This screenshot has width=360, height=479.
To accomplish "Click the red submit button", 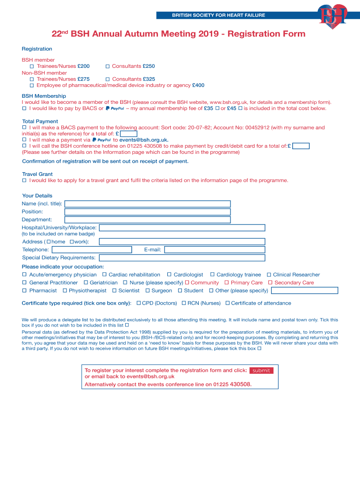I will click(x=261, y=370).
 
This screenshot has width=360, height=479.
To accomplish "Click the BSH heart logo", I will click(x=332, y=16).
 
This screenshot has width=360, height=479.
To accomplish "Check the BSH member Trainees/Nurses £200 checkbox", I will click(x=32, y=66).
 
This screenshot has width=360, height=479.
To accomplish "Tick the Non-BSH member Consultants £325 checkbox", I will click(x=108, y=79).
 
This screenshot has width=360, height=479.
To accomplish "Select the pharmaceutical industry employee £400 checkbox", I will click(x=32, y=86).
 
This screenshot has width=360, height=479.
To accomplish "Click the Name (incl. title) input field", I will click(x=147, y=204).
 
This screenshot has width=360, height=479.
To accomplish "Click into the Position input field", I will click(x=147, y=212).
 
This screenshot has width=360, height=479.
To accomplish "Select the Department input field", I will click(x=147, y=220).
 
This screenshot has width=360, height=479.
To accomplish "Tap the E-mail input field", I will click(x=214, y=250).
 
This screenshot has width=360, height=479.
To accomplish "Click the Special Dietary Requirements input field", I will click(x=182, y=258).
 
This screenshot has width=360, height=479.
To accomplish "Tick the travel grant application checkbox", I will click(x=25, y=180).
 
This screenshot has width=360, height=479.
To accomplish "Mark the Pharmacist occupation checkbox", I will click(x=25, y=290).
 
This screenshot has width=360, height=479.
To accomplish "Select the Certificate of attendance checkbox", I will click(x=227, y=303).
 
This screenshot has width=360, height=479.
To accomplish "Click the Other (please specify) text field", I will click(x=304, y=290).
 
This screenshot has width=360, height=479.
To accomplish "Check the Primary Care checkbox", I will click(x=226, y=283).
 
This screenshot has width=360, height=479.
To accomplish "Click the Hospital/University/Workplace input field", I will click(x=182, y=228).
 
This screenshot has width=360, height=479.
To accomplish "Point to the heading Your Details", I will click(x=37, y=196).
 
